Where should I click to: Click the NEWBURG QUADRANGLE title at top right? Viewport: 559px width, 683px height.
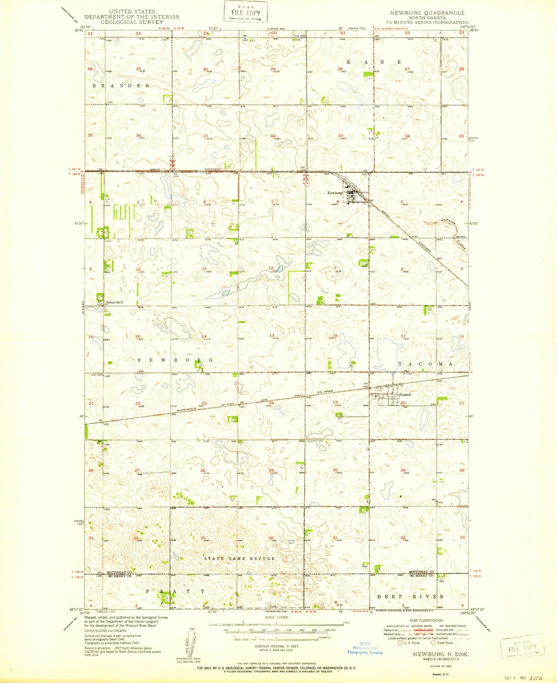(x=427, y=13)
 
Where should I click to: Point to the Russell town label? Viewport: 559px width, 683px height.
(x=405, y=395)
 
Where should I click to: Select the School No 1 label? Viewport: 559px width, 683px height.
(x=114, y=302)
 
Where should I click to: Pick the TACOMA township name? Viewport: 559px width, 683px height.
(x=425, y=365)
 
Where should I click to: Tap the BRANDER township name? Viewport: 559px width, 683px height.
(x=121, y=85)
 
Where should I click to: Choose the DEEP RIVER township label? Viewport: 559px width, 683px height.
(x=410, y=596)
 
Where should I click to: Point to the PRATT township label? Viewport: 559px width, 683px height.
(x=175, y=591)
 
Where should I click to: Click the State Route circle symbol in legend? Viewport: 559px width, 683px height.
(x=433, y=643)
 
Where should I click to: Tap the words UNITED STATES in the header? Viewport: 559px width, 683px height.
(x=132, y=12)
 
